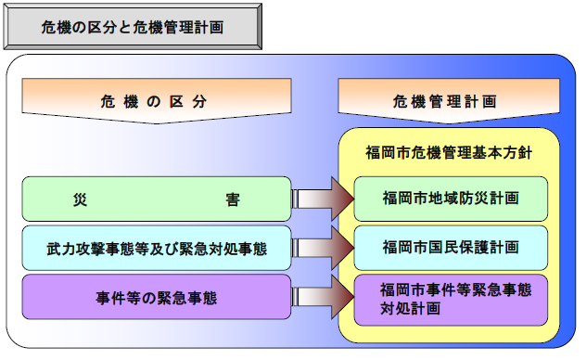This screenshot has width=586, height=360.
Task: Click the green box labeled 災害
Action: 156,199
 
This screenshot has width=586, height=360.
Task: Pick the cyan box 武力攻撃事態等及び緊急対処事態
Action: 156,248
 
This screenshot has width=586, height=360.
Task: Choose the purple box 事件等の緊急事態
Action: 156,298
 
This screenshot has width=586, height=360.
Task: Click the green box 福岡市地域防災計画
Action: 450,199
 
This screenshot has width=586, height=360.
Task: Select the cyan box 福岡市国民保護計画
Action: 450,248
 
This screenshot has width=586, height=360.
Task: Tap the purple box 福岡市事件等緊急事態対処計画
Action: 450,299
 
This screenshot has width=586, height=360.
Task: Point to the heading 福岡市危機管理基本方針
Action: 450,151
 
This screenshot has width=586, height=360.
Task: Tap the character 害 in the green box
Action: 232,199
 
